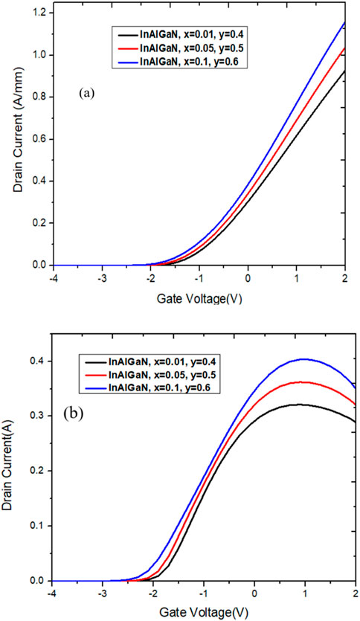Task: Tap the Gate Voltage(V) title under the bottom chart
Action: pos(198,611)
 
